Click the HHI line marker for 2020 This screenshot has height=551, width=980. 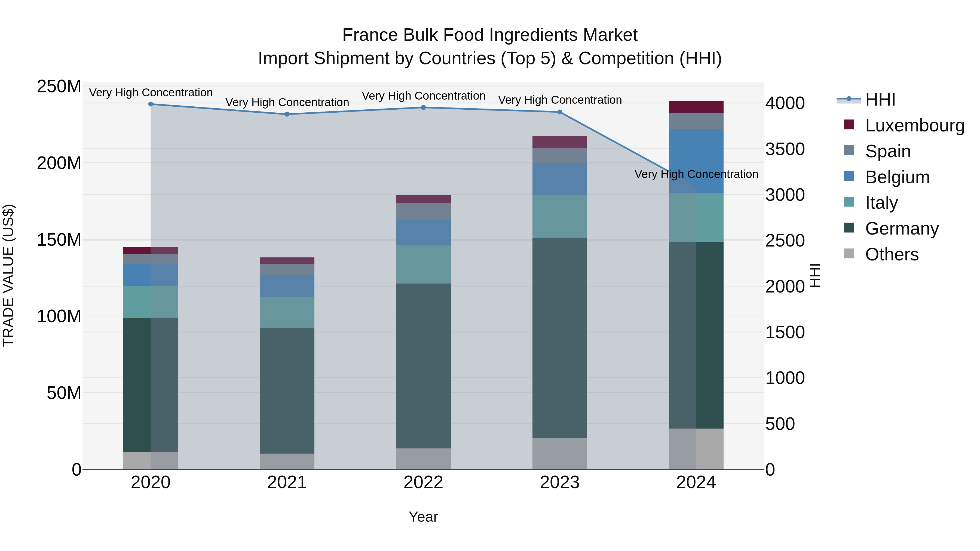point(151,104)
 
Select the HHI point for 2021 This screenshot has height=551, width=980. point(287,114)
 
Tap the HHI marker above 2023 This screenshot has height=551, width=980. point(560,112)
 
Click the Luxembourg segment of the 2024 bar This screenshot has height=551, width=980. point(696,107)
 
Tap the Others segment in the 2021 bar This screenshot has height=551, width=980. point(287,461)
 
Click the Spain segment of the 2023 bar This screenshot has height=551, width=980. point(560,156)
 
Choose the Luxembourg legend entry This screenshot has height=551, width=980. point(915,125)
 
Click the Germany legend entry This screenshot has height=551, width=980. point(902,229)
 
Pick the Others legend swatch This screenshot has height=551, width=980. point(849,254)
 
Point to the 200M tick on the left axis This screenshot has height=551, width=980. point(59,163)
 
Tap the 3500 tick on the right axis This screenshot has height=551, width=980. point(785,149)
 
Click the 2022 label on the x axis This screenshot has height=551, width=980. point(423,482)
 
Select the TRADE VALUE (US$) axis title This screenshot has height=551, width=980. point(8,275)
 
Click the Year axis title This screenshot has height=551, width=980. point(423,517)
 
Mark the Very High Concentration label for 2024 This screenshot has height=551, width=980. point(696,174)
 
